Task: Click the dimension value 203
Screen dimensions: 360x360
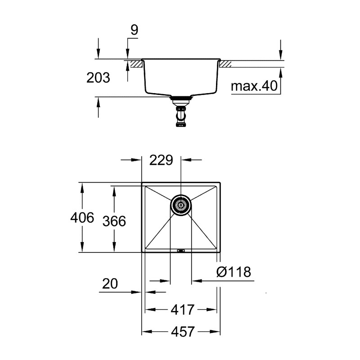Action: [98, 78]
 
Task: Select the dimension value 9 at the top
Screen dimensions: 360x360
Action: [134, 30]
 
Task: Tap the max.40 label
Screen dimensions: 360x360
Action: [254, 86]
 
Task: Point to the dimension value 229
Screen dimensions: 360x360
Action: [161, 161]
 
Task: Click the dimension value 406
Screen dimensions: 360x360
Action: [82, 218]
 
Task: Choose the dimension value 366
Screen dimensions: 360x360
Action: [114, 221]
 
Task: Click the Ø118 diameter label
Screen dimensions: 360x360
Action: [233, 272]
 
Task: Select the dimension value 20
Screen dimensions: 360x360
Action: [110, 283]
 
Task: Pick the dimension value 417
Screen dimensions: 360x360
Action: [183, 310]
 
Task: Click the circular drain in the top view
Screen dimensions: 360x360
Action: [181, 205]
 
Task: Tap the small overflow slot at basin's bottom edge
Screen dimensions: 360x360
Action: [181, 251]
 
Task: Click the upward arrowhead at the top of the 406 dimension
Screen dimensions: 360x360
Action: [82, 186]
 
